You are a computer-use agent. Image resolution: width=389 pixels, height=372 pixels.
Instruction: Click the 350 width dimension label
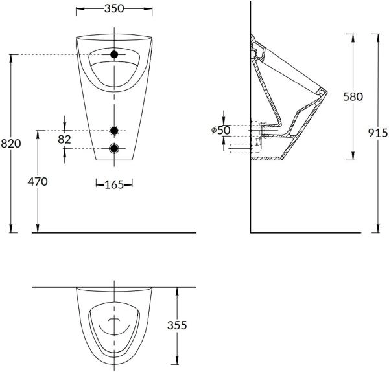click(114, 8)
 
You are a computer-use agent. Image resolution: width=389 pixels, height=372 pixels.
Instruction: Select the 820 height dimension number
click(11, 144)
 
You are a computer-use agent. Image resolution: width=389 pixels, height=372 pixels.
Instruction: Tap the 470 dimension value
click(38, 182)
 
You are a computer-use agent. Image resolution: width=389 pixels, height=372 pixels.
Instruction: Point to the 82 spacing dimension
click(64, 139)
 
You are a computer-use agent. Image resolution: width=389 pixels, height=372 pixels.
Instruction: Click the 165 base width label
click(114, 184)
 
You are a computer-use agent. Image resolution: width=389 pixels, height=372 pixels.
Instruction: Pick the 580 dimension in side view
click(353, 96)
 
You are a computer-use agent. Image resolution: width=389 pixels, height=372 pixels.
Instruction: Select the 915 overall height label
click(378, 133)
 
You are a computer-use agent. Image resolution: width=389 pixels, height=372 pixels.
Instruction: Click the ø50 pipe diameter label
click(221, 130)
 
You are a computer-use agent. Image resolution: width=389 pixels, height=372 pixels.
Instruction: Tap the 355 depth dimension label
click(177, 325)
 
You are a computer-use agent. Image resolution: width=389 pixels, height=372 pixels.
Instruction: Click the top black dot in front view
click(114, 54)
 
